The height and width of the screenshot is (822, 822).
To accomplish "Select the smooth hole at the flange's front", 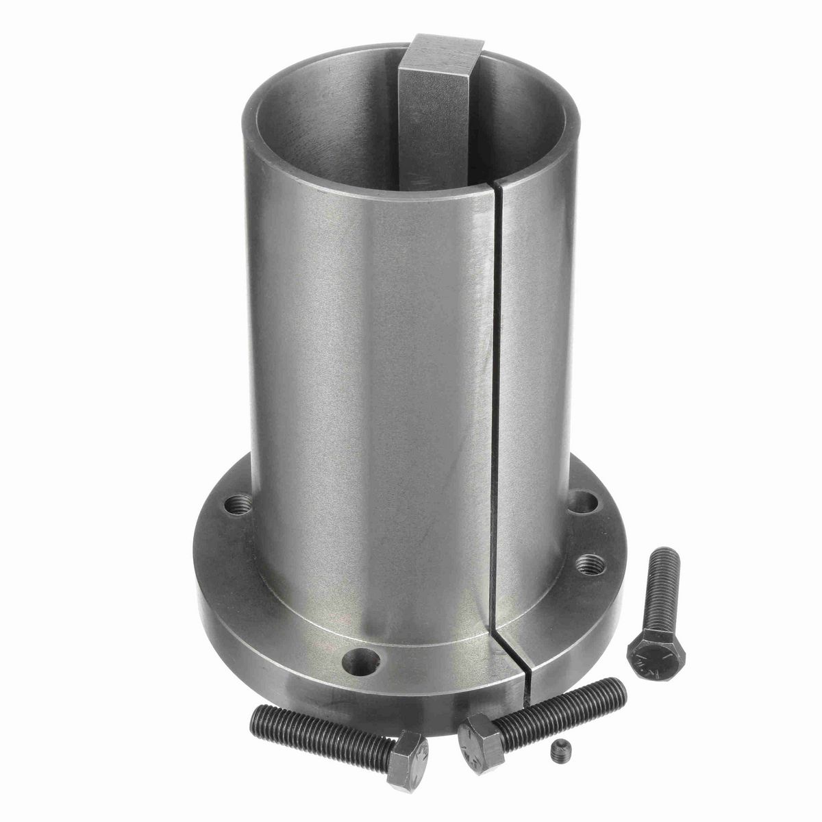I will click(x=362, y=660).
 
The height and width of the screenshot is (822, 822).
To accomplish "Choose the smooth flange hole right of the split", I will click(x=582, y=503).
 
